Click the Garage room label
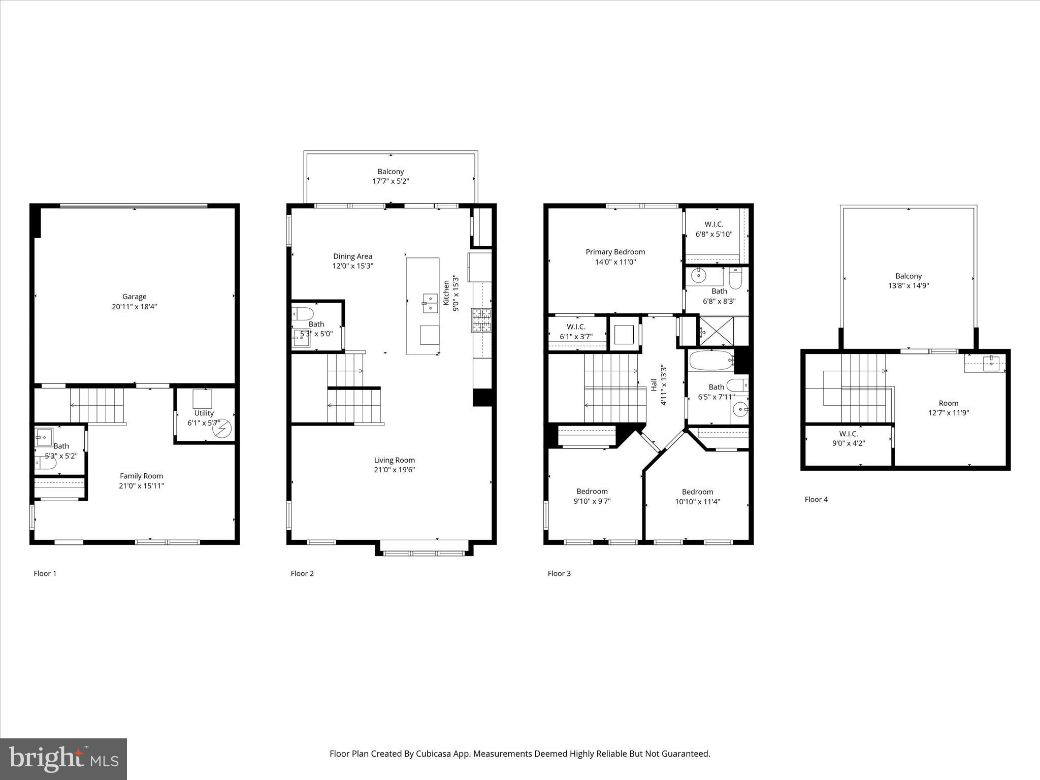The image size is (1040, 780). [x=134, y=297]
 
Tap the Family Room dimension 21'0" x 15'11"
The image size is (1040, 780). [x=141, y=486]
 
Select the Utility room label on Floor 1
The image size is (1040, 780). [x=204, y=413]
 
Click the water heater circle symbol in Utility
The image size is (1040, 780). [x=222, y=430]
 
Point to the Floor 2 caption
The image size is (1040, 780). [x=302, y=573]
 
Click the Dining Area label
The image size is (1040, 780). [x=352, y=256]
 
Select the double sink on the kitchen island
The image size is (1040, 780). [x=430, y=303]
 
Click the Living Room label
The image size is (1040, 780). [x=394, y=460]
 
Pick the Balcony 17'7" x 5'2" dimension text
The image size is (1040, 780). [x=390, y=181]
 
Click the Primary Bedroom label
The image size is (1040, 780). [x=615, y=252]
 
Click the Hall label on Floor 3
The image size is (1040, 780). [x=654, y=384]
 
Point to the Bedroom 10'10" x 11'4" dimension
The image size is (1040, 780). [x=697, y=502]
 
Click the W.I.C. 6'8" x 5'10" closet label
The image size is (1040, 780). [x=713, y=224]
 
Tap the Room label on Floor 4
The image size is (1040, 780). [x=948, y=403]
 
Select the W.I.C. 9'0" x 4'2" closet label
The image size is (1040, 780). [x=848, y=434]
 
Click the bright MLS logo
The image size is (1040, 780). [x=63, y=759]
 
